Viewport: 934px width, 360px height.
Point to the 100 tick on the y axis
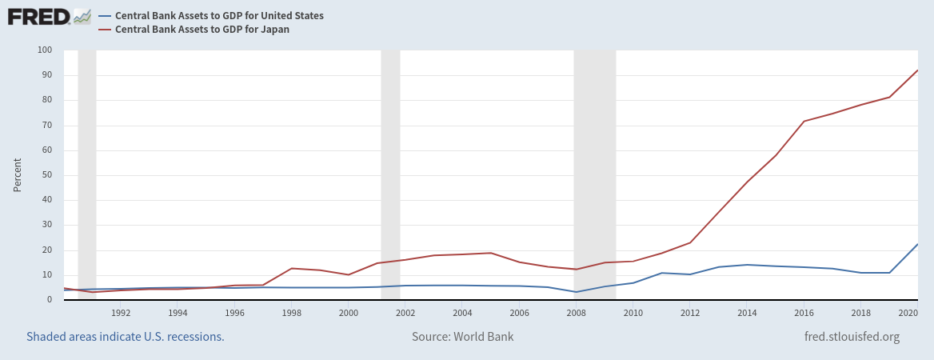click(45, 50)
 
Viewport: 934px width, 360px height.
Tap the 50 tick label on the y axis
click(46, 175)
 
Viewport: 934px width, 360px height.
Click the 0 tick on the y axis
click(49, 300)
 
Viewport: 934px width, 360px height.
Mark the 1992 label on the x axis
click(121, 313)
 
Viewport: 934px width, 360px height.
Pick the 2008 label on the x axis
click(576, 313)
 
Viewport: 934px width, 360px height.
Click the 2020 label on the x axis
click(907, 313)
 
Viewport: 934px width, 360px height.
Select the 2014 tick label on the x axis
click(747, 313)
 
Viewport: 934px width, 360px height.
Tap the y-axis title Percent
click(17, 175)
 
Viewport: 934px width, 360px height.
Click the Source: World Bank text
click(463, 337)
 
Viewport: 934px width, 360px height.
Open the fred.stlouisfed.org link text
click(852, 337)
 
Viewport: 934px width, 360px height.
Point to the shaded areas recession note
click(126, 337)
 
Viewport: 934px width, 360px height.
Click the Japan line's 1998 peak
click(292, 268)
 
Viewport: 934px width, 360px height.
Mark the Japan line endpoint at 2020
click(917, 70)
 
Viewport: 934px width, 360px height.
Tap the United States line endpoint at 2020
click(917, 244)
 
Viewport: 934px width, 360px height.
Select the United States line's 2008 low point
click(576, 292)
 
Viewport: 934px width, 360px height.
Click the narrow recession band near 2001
click(390, 175)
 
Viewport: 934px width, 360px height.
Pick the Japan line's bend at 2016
click(804, 121)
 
